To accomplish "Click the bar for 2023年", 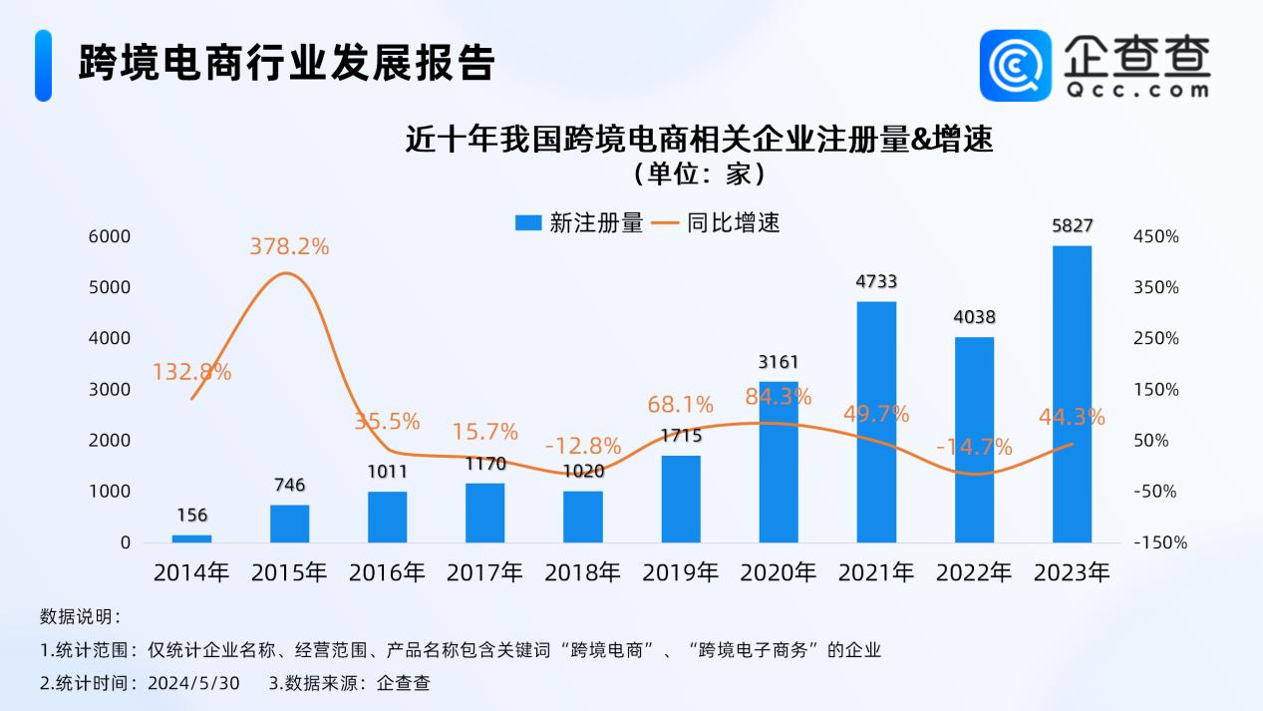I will click(1072, 394).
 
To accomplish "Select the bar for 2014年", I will click(191, 538).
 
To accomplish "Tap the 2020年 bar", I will click(779, 462).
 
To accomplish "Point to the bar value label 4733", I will click(876, 282).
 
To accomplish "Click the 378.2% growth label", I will click(289, 245).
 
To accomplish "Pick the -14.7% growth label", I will click(974, 446).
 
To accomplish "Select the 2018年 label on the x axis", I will click(582, 572).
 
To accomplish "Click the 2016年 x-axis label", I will click(387, 572).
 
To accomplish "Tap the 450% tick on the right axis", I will click(1156, 236).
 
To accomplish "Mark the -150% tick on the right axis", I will click(1159, 542).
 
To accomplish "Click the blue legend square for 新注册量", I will click(527, 223).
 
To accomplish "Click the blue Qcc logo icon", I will click(1015, 65).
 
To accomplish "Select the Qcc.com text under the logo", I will click(1135, 89).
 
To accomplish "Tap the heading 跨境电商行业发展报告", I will click(287, 63).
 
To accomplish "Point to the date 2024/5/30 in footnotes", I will click(194, 683).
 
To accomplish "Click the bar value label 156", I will click(192, 516).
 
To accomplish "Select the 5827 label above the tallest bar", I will click(1072, 226).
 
